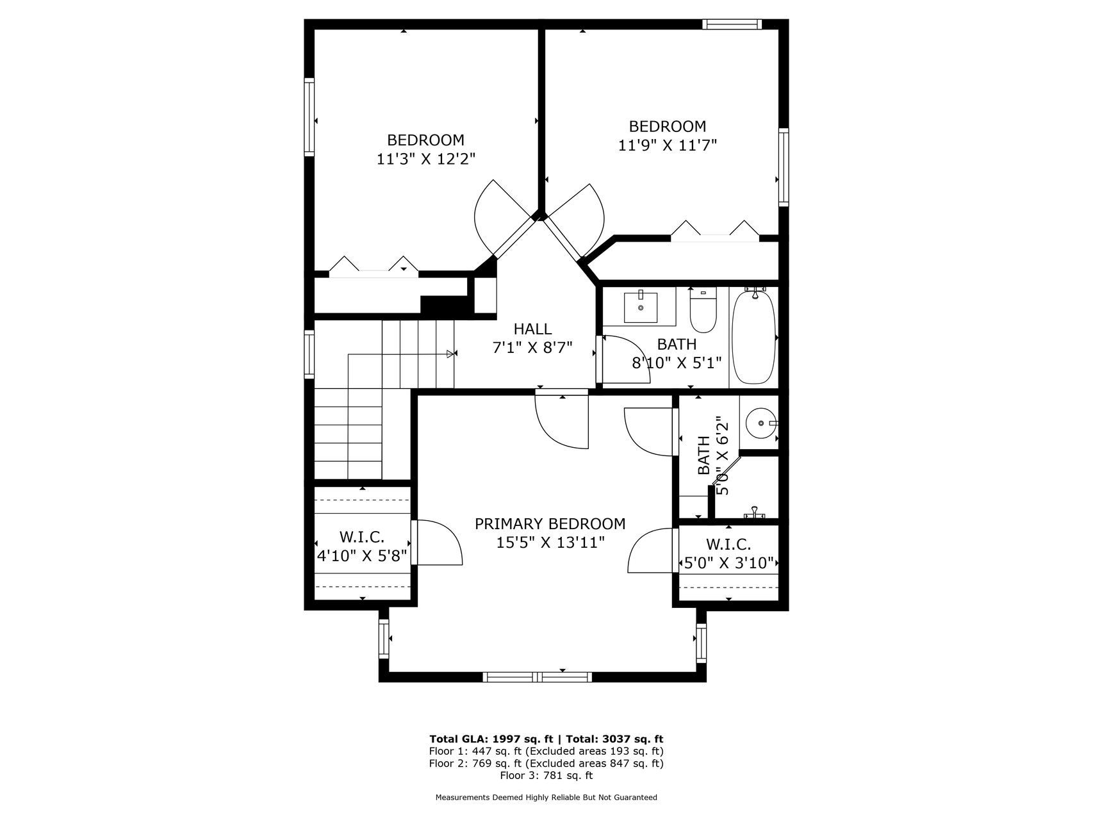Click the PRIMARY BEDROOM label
(x=550, y=524)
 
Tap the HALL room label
(x=532, y=329)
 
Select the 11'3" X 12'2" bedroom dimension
(x=425, y=159)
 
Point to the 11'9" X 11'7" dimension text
(x=667, y=145)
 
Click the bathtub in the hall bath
(x=754, y=337)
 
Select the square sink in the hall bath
(x=640, y=307)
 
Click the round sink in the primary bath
(x=760, y=423)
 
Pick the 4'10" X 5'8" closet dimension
(x=363, y=555)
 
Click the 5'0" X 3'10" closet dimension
(x=729, y=564)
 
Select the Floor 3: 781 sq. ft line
(x=546, y=776)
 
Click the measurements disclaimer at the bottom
(x=546, y=798)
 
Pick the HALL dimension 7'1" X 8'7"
(x=532, y=348)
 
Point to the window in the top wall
(x=732, y=24)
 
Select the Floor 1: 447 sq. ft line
(x=546, y=751)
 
